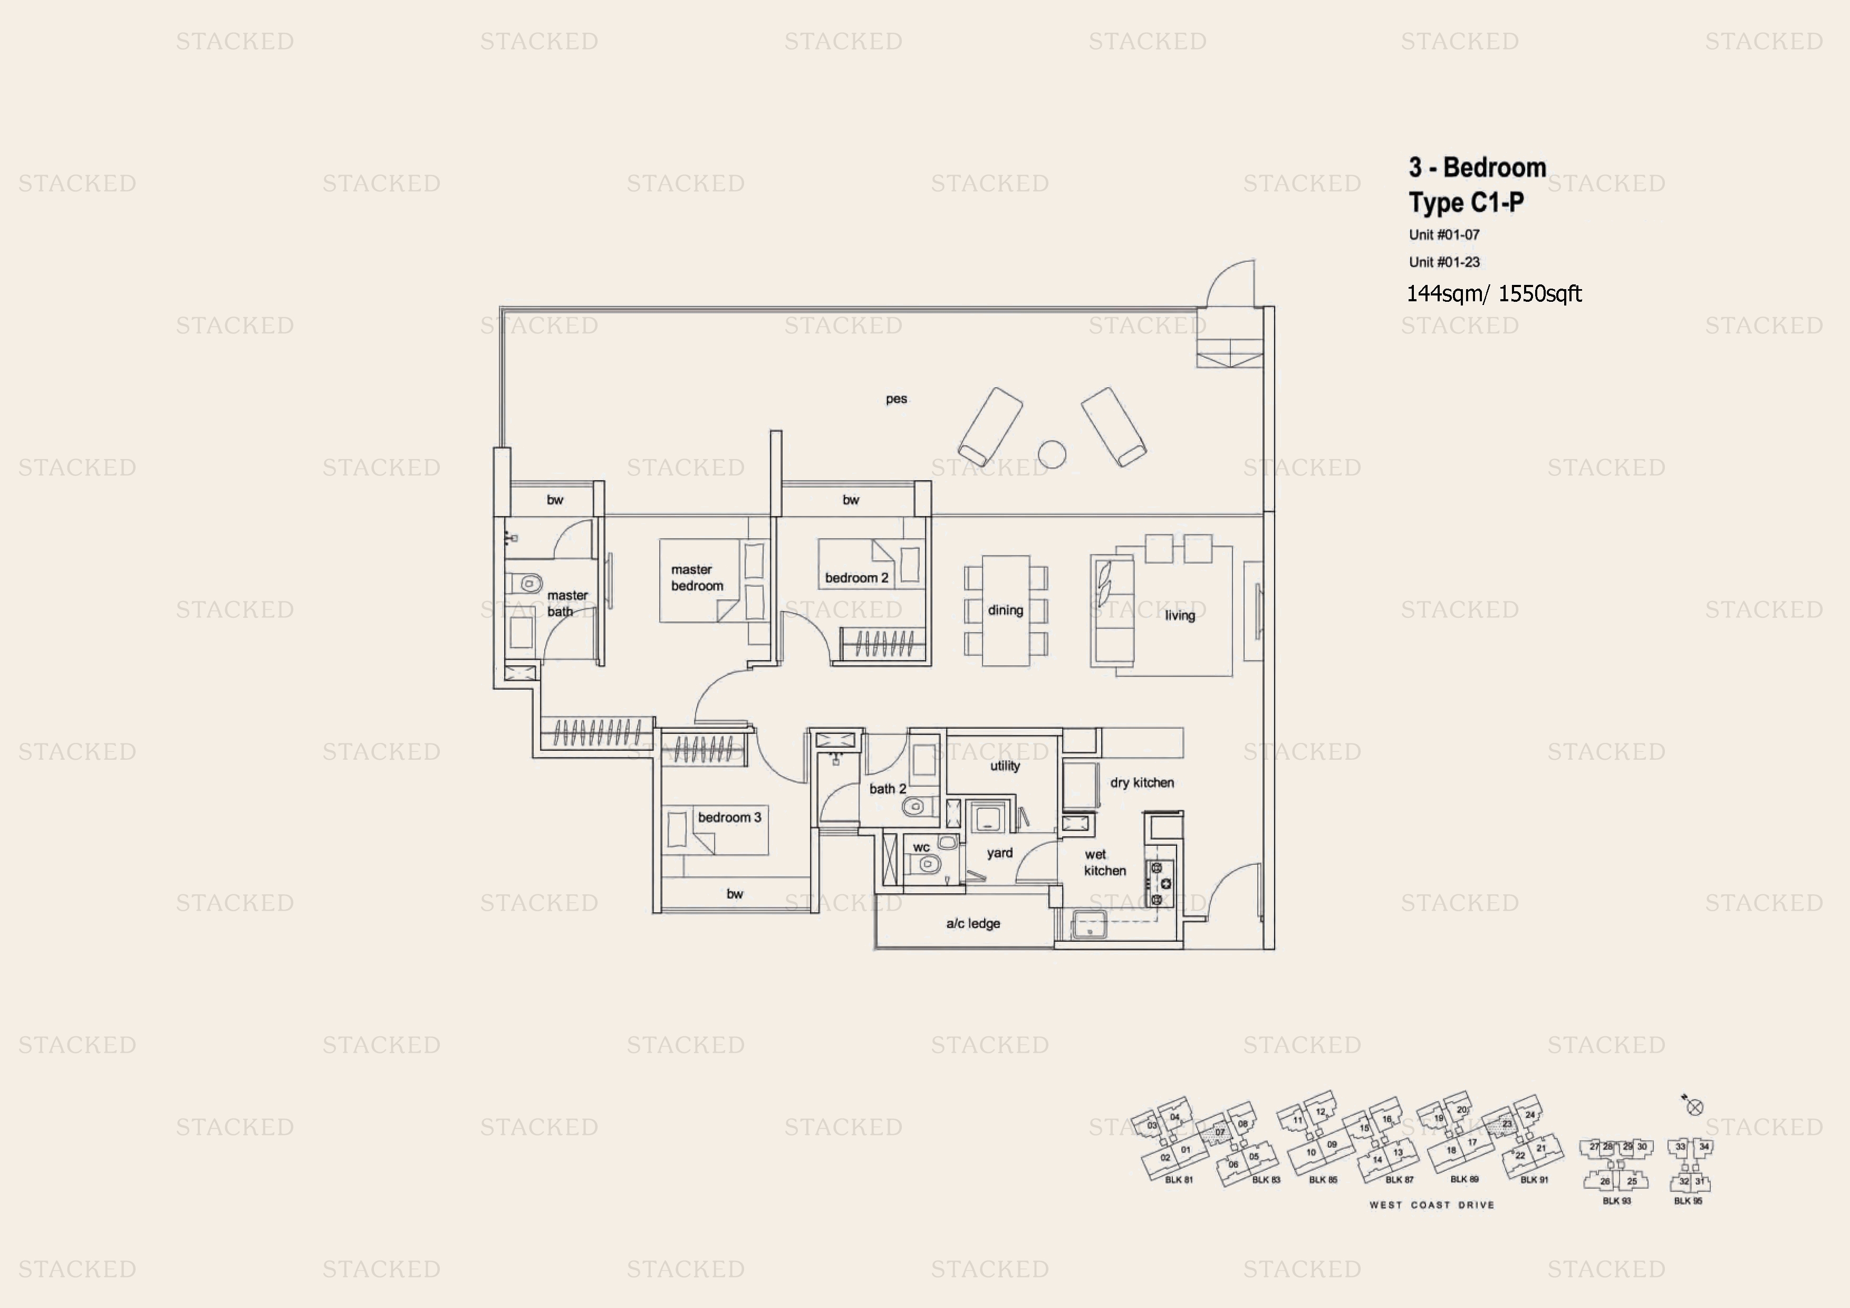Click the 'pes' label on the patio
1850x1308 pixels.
pyautogui.click(x=896, y=399)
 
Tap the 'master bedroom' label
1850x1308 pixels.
pyautogui.click(x=697, y=578)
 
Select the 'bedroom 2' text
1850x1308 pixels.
pyautogui.click(x=856, y=578)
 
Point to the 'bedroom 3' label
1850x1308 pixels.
pyautogui.click(x=729, y=817)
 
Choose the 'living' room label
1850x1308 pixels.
pyautogui.click(x=1180, y=616)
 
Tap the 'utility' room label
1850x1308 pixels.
pyautogui.click(x=1005, y=766)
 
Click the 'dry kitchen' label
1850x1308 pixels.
pyautogui.click(x=1142, y=782)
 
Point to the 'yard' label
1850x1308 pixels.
pyautogui.click(x=999, y=853)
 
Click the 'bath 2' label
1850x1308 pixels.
pyautogui.click(x=887, y=789)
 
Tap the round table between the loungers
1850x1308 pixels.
pyautogui.click(x=1052, y=454)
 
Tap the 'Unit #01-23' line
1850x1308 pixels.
pyautogui.click(x=1444, y=262)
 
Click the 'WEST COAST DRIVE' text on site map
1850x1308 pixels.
pyautogui.click(x=1431, y=1205)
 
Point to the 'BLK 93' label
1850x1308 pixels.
pyautogui.click(x=1616, y=1201)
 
